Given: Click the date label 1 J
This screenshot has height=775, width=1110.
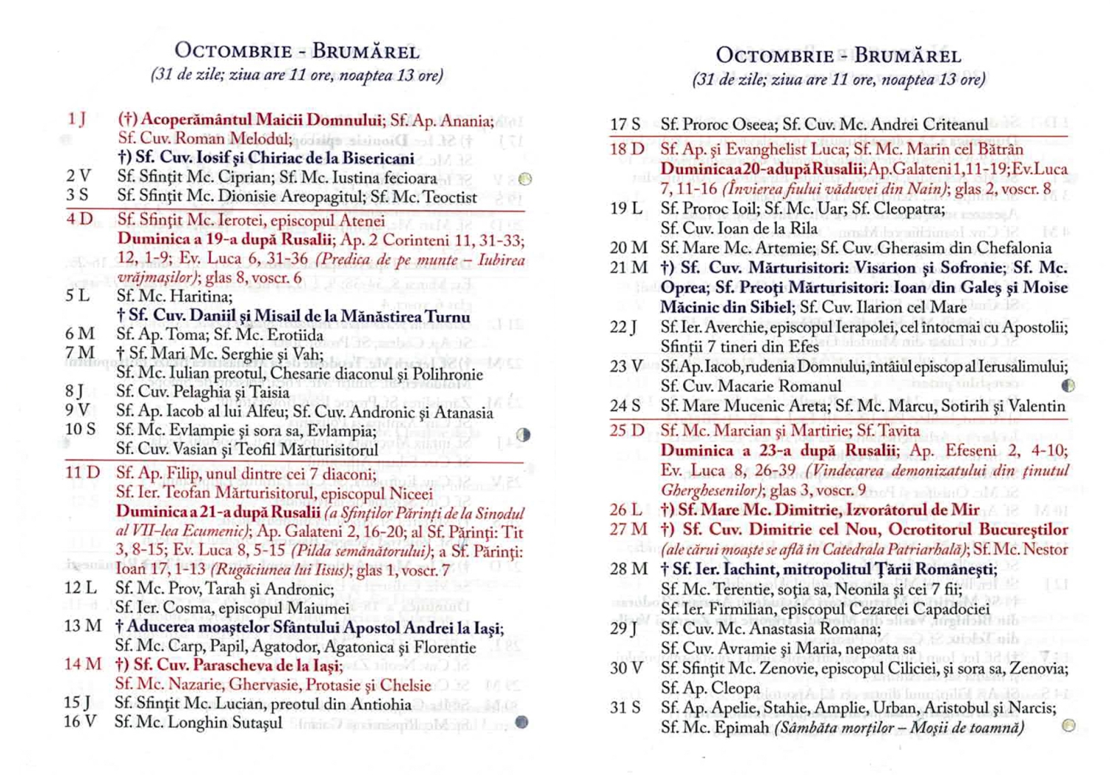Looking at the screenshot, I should pos(77,119).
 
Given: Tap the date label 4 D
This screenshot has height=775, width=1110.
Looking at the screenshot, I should pos(79,220).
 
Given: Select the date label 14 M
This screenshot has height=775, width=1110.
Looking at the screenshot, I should pos(83,664).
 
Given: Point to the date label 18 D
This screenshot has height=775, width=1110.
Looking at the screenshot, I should pos(627,149).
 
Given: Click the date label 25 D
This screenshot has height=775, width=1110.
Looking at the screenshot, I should pos(627,430).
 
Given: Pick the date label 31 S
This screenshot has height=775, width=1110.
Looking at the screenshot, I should pos(625,708).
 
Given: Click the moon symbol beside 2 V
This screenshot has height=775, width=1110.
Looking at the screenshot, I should pos(525,179).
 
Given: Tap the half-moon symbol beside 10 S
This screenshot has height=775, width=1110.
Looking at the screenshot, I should pos(523,435).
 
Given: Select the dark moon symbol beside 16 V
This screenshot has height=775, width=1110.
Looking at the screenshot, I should pos(522,722).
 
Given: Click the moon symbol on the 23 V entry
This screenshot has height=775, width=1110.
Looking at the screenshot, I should pos(1068,385).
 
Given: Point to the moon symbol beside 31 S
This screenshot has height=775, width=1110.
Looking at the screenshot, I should pos(1068,725).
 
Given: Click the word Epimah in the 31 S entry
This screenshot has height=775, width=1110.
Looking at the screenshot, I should pos(744,728).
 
